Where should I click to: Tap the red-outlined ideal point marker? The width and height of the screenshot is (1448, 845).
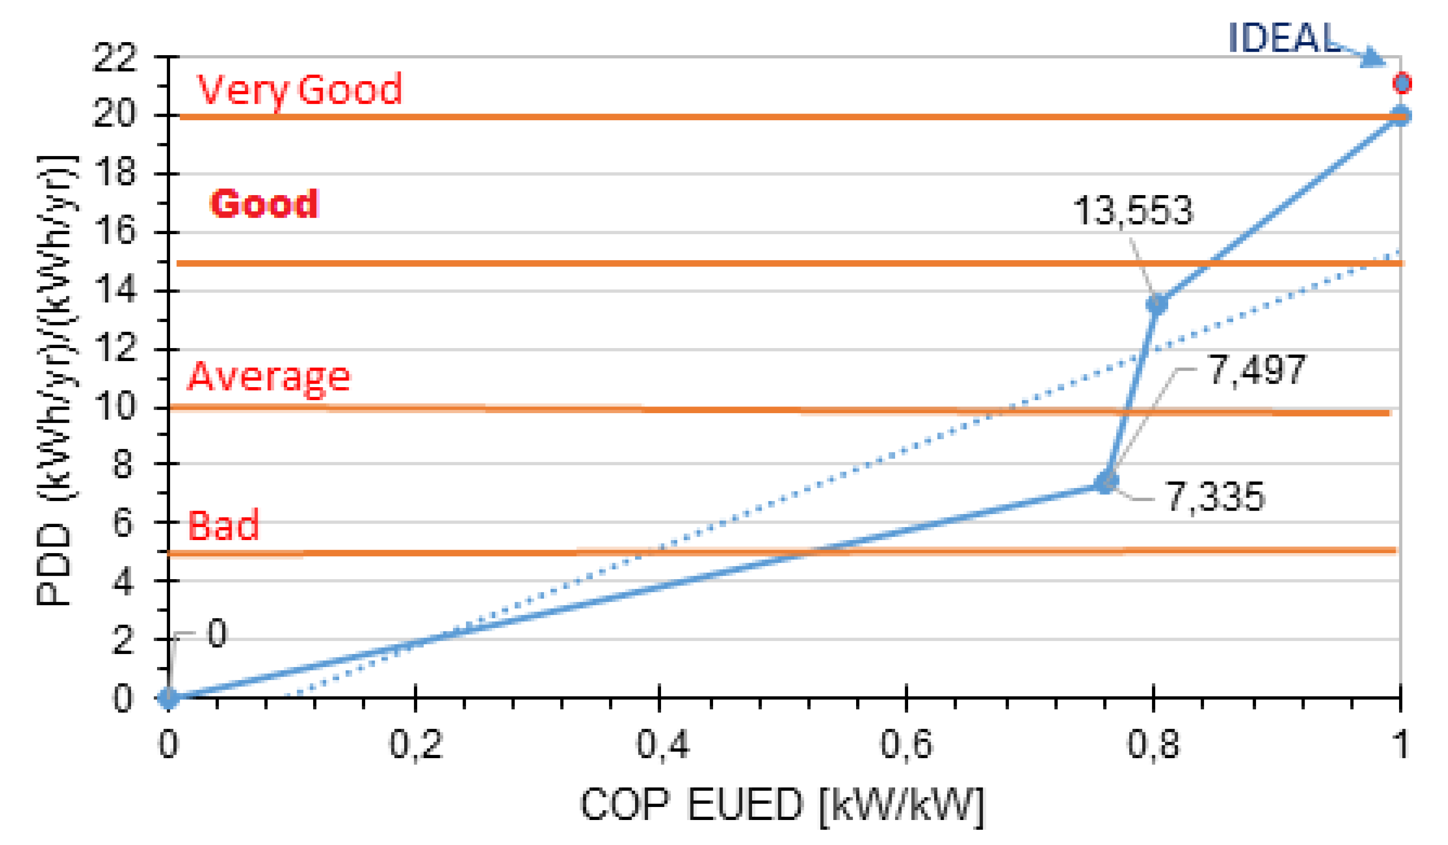point(1402,83)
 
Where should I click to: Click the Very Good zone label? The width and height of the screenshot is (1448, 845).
point(300,89)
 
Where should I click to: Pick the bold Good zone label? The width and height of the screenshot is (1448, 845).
point(264,203)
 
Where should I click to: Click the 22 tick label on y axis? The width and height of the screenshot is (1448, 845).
point(115,57)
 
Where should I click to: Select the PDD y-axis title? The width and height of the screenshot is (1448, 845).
point(55,379)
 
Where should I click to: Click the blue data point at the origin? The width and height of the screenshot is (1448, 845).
point(168,698)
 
